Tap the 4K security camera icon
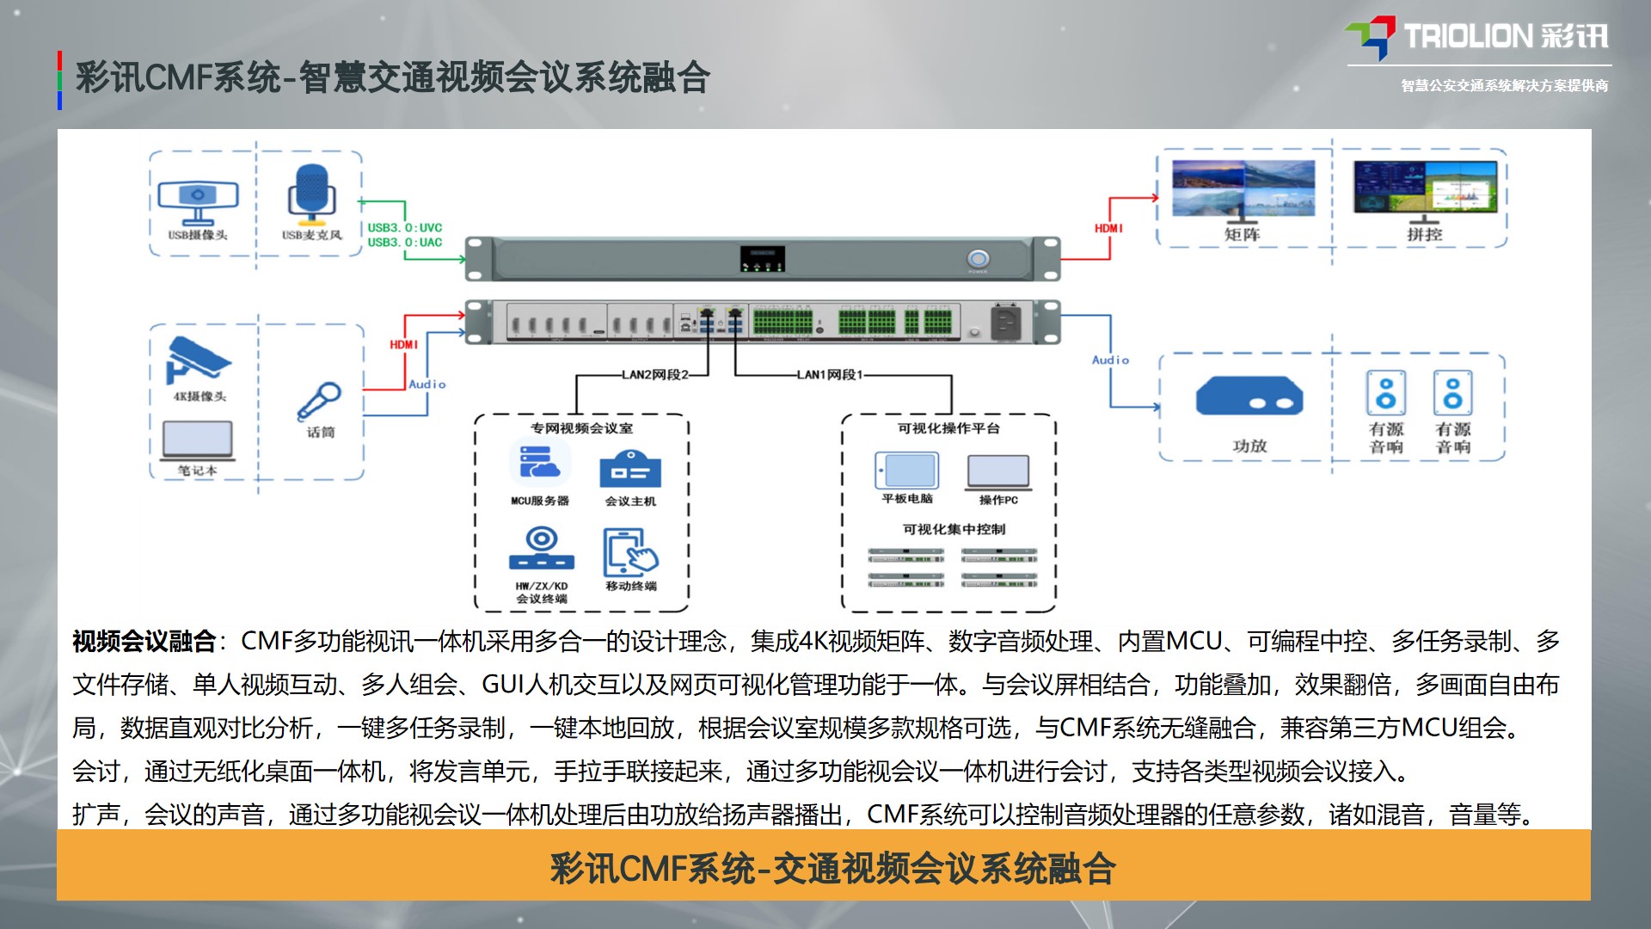point(198,360)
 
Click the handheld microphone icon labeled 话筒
point(319,402)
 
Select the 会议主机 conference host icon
point(629,469)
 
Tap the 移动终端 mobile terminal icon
point(630,552)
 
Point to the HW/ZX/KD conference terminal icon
point(541,550)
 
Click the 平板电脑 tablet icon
point(907,470)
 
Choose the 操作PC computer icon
point(997,471)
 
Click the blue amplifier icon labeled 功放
point(1249,397)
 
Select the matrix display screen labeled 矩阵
point(1243,188)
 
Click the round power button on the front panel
point(978,258)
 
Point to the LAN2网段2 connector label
point(655,375)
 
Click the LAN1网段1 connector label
point(829,375)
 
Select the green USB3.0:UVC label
point(405,228)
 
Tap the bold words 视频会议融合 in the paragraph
point(144,641)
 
